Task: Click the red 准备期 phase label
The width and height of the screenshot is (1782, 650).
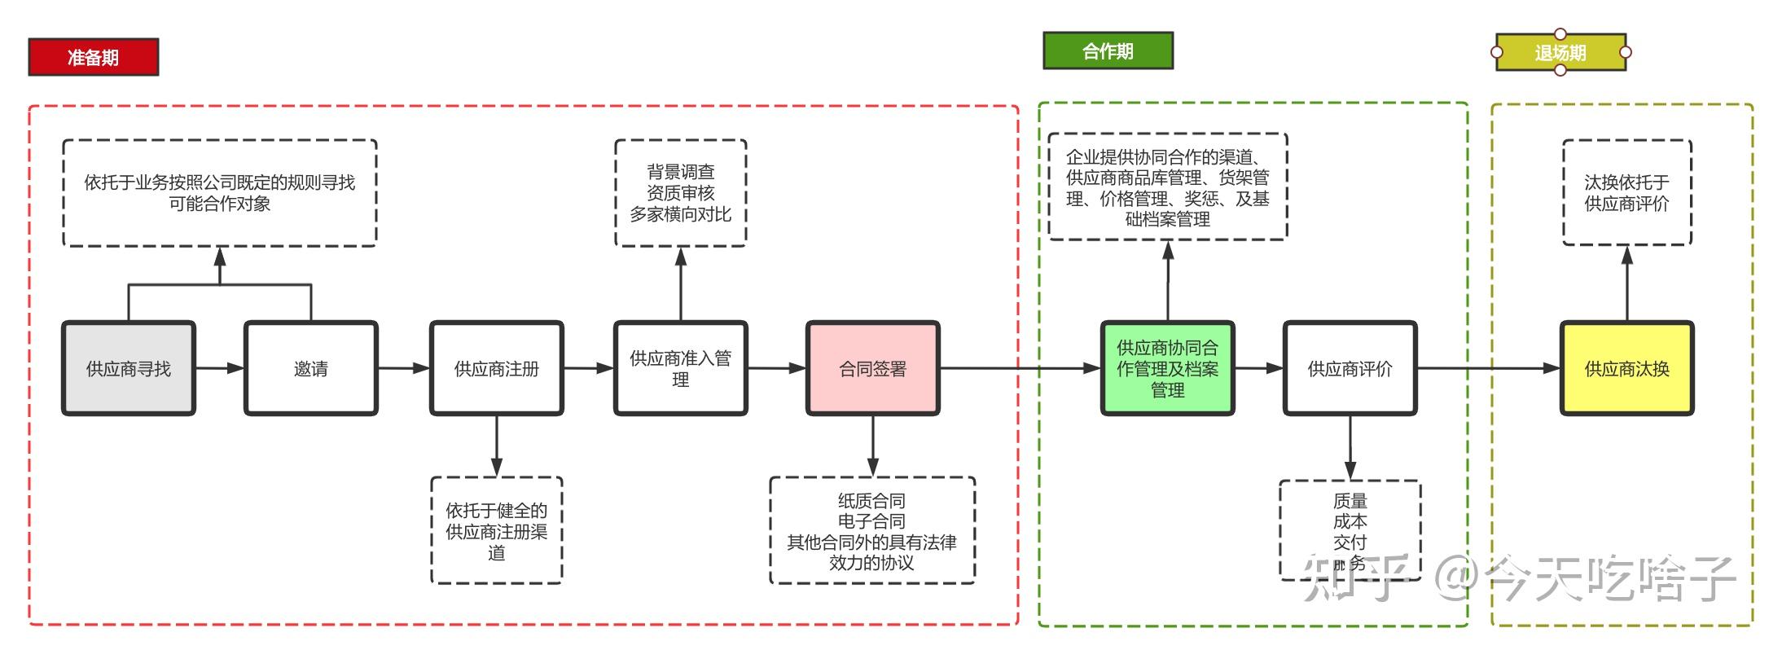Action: pos(93,57)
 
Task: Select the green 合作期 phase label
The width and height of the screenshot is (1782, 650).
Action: pos(1108,51)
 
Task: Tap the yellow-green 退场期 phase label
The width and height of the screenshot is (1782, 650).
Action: pos(1560,53)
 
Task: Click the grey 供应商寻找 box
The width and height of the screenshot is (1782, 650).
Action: pos(129,369)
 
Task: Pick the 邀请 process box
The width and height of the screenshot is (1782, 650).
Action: pos(311,369)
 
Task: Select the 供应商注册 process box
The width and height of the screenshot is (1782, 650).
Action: pos(497,369)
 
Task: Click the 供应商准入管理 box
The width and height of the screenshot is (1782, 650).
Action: pos(680,369)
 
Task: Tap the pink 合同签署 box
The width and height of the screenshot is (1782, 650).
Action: pos(872,369)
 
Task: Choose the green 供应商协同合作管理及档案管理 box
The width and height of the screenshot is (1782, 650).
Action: pos(1167,369)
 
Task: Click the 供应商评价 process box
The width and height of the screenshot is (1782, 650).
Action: pos(1350,369)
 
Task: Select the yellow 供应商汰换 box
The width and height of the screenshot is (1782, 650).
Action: pos(1626,369)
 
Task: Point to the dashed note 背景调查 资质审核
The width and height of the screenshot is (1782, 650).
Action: pos(680,193)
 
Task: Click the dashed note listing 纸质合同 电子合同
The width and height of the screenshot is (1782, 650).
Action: pos(871,531)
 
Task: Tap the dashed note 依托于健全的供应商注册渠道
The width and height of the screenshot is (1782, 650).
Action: pos(496,531)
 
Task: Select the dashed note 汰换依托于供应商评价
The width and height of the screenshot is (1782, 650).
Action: pos(1626,193)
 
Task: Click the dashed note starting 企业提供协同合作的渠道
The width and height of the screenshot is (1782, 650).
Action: pos(1167,187)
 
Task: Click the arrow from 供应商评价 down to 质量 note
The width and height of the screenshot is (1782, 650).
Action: pos(1350,448)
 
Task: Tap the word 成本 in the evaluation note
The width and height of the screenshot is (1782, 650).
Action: pos(1350,521)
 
